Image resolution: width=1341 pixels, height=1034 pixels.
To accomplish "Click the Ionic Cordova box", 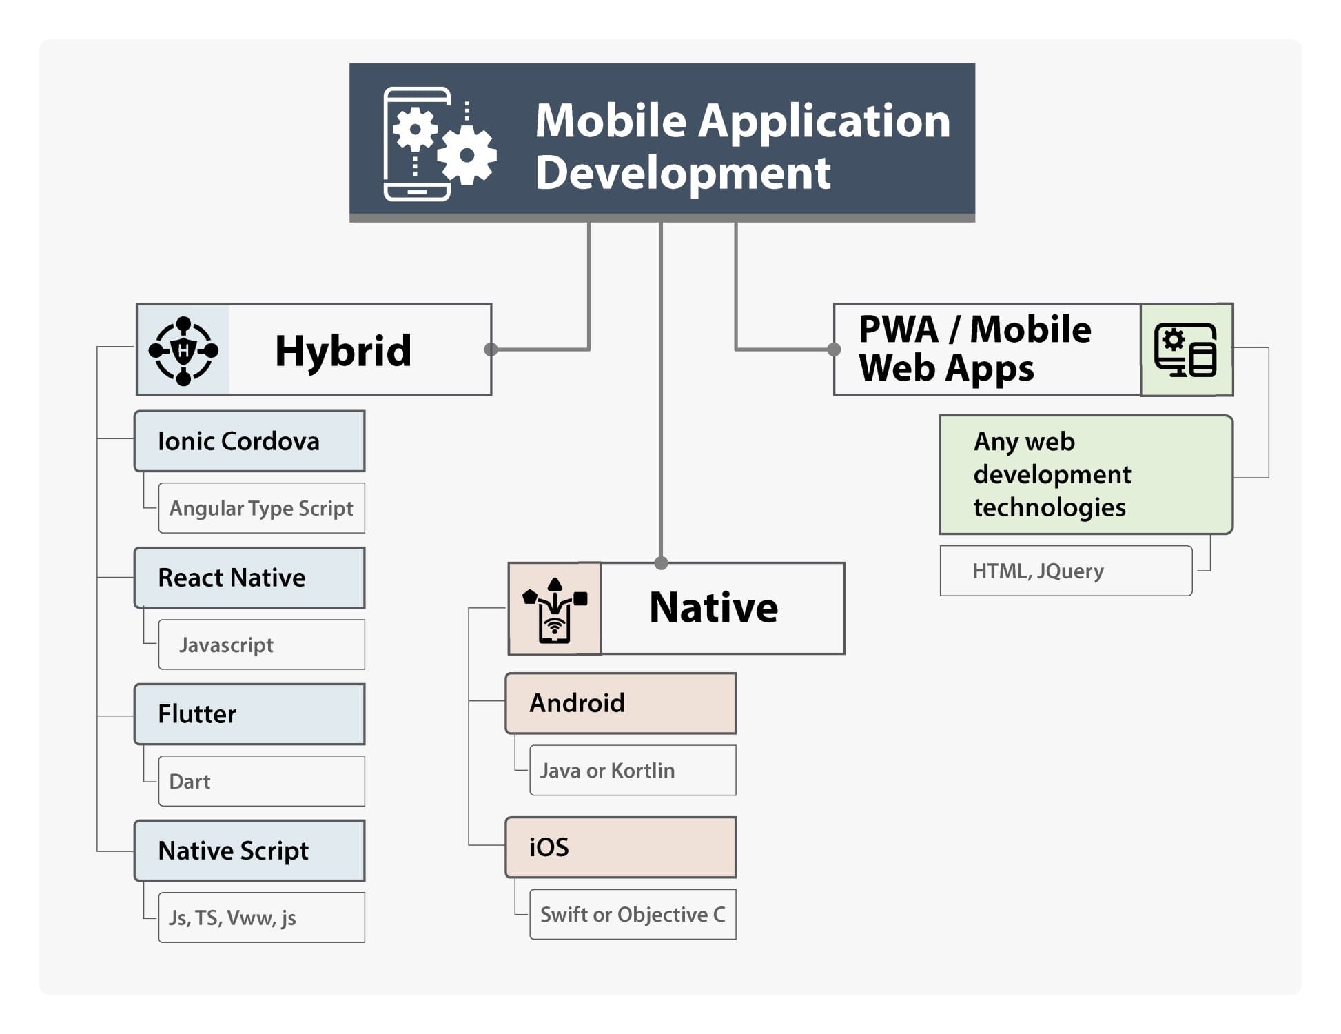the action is pos(249,441).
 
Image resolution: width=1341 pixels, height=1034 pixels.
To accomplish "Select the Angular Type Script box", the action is pos(262,508).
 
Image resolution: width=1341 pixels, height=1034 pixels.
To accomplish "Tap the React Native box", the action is pos(249,578).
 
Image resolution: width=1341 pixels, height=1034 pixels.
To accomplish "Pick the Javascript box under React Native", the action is pos(262,645).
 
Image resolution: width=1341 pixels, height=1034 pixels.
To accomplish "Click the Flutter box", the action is pos(249,714).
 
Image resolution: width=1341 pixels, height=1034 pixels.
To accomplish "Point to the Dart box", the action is pos(262,781).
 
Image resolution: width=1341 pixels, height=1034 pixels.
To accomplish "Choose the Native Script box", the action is pos(249,851).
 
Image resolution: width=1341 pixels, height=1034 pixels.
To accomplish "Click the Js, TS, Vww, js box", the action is pos(262,918).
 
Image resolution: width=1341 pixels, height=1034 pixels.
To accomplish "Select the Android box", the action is pos(621,703).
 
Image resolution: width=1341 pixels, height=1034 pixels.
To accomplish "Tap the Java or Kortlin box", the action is pos(633,770).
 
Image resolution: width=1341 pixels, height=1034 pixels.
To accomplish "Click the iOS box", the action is pos(621,847).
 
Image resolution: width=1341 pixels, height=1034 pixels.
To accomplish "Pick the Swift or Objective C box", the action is pos(633,914).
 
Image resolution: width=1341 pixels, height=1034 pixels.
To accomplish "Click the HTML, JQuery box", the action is pos(1066,571).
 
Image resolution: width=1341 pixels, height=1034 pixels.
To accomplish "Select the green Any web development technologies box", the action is pos(1086,474).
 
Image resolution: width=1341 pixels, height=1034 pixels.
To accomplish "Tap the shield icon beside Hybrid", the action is pos(183,350).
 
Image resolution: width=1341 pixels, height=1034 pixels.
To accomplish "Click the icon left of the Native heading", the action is pos(555,610).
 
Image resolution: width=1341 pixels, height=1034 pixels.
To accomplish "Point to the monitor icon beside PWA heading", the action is pos(1186,349).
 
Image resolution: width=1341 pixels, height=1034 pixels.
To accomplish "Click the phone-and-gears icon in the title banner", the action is pos(440,143).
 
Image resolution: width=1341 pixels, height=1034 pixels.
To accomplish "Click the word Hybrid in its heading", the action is pos(343,351).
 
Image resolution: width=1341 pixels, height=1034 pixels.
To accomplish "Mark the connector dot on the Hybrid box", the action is pos(491,349).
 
